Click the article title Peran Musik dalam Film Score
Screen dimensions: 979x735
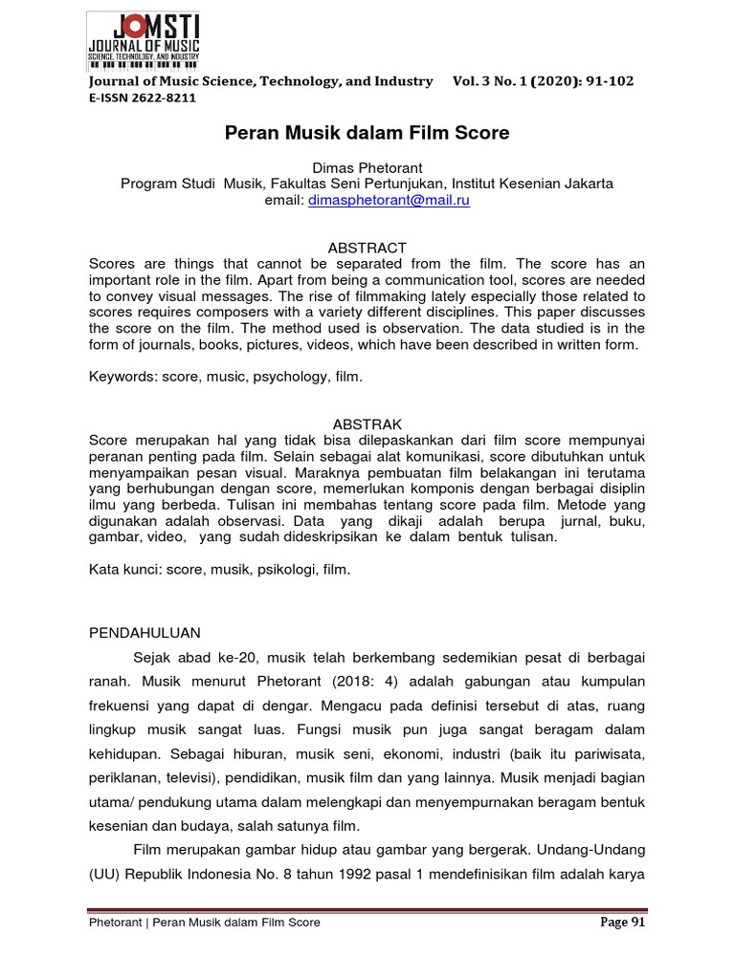367,133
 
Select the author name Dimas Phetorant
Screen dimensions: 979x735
367,167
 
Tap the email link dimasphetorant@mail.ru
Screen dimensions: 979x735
389,201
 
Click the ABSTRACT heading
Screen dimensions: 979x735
367,248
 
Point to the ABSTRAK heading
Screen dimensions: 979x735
367,424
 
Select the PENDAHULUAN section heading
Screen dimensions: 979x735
145,633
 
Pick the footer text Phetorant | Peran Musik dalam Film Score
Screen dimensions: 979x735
205,923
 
